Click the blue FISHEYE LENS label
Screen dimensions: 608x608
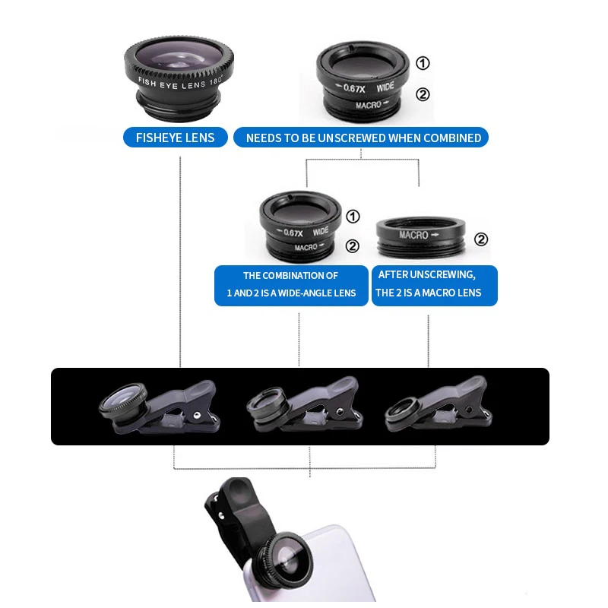click(x=175, y=138)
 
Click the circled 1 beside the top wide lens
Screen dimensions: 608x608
click(x=423, y=63)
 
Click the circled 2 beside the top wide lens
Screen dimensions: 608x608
click(x=423, y=94)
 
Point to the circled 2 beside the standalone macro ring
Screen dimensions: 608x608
click(x=481, y=239)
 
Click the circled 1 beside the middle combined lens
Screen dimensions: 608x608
click(x=353, y=217)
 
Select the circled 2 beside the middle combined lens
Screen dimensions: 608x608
click(x=353, y=245)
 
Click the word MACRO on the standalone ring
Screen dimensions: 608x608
click(x=413, y=235)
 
